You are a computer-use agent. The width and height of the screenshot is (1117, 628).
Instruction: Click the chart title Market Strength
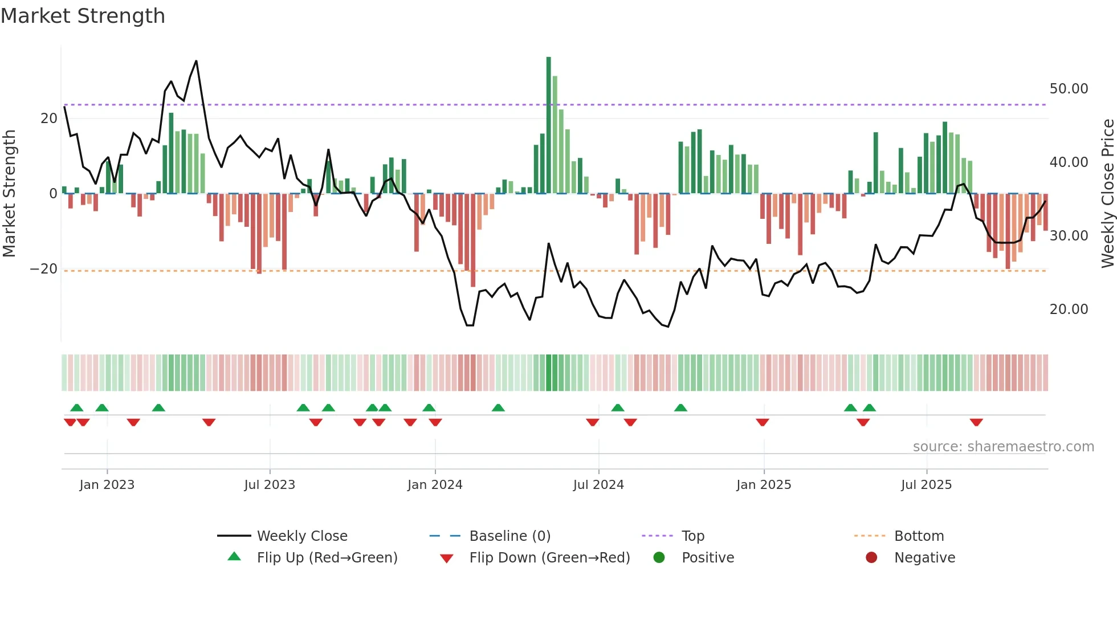[83, 16]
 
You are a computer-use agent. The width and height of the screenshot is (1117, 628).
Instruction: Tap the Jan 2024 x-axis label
[435, 485]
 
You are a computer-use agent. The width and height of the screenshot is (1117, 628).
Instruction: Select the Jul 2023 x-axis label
[270, 485]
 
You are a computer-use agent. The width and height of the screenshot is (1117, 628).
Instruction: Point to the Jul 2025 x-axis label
[926, 485]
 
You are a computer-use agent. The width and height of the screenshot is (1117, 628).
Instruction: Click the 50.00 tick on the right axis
[1069, 89]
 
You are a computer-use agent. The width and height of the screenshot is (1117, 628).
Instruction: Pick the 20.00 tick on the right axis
[1069, 309]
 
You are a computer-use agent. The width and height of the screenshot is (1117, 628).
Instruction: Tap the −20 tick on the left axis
[44, 269]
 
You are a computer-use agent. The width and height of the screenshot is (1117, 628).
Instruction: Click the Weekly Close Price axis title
[1107, 193]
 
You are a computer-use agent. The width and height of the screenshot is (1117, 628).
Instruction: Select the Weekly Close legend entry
[301, 536]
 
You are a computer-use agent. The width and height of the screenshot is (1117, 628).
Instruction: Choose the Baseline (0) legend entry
[509, 536]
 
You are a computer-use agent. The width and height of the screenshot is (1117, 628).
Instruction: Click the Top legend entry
[692, 536]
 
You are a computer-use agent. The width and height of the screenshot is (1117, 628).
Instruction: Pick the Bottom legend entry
[919, 536]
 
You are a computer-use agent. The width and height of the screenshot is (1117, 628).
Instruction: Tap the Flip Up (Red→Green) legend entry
[327, 558]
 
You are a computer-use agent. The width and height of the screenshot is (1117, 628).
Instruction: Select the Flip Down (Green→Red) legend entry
[549, 558]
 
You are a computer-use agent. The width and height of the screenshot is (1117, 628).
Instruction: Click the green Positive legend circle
[659, 558]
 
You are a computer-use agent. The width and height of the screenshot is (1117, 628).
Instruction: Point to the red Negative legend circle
[871, 558]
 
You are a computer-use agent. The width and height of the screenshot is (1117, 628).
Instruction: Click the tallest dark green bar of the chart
[549, 125]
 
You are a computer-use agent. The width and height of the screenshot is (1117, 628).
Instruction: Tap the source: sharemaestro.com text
[1003, 447]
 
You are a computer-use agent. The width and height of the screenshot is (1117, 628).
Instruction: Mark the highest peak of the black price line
[197, 61]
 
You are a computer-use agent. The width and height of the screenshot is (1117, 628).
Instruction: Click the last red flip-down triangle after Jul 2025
[976, 422]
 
